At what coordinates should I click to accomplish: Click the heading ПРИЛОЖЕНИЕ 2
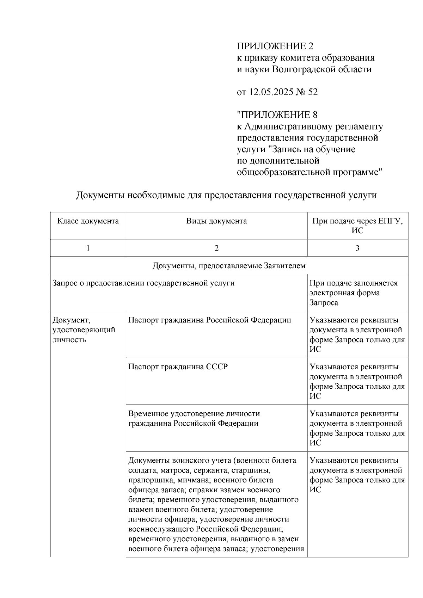(275, 46)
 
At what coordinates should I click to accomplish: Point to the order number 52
(313, 92)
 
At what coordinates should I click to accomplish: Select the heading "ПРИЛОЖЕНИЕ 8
(277, 115)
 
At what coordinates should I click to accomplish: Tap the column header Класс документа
(88, 221)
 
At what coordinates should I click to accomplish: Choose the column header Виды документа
(216, 221)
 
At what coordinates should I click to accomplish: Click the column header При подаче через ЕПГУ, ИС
(357, 226)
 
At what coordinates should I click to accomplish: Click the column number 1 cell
(88, 248)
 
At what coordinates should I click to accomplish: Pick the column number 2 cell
(216, 248)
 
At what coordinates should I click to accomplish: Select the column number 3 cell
(357, 248)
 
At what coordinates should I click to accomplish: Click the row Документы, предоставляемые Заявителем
(229, 266)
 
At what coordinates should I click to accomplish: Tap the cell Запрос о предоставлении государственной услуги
(143, 283)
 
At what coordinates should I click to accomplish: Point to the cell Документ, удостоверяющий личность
(84, 330)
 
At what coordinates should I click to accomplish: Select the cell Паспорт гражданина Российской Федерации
(210, 320)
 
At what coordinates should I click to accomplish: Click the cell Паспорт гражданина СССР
(178, 367)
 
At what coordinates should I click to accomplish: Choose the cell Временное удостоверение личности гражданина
(194, 418)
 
